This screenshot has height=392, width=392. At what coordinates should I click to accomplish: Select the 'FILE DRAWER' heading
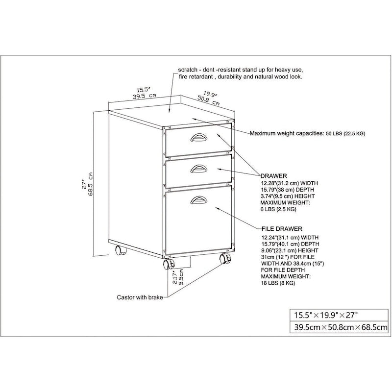[281, 228]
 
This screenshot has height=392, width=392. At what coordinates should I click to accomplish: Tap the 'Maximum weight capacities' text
[287, 133]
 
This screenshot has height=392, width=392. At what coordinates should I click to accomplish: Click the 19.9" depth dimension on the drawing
[210, 93]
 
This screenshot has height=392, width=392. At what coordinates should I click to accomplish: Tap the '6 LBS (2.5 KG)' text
[278, 209]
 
